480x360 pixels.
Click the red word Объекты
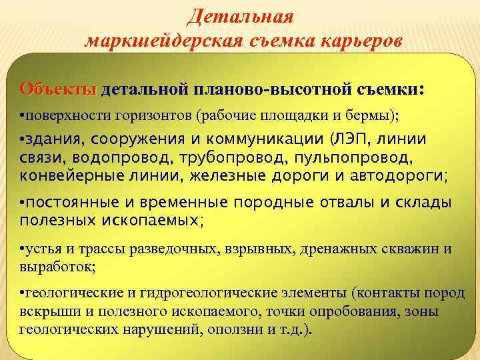coord(59,89)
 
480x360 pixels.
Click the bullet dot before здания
coord(23,140)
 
